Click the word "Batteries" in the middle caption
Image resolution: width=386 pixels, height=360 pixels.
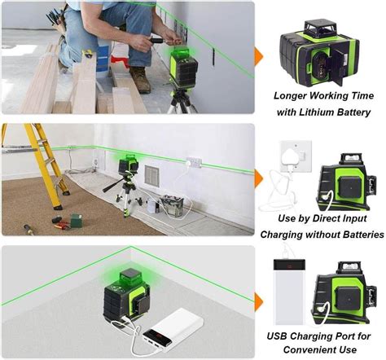[x=355, y=234]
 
